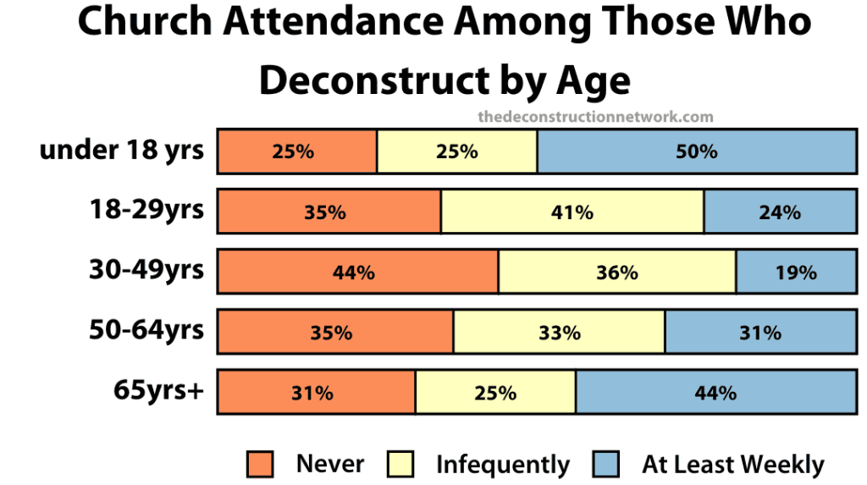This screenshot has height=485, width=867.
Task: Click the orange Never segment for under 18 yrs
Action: (x=297, y=152)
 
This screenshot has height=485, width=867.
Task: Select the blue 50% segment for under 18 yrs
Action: (x=696, y=152)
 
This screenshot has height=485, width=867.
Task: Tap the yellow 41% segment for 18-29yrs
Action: (x=572, y=212)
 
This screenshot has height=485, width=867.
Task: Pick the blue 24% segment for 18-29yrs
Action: (x=780, y=212)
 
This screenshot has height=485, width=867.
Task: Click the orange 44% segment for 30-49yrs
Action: (x=358, y=272)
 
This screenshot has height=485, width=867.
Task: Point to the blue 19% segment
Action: (x=796, y=272)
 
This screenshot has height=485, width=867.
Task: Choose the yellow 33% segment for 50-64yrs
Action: (x=559, y=332)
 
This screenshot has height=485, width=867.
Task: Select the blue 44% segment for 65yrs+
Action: (x=715, y=392)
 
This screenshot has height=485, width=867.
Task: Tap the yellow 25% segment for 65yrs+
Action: (x=495, y=392)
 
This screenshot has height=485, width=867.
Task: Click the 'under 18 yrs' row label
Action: (x=122, y=150)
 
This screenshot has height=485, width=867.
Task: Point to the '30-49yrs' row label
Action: (x=146, y=269)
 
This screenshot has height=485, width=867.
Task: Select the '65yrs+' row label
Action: (x=159, y=390)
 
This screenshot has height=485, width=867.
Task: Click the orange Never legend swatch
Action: (x=261, y=465)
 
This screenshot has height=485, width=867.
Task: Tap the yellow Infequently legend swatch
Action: (x=400, y=465)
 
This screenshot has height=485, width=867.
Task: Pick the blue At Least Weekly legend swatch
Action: (x=606, y=465)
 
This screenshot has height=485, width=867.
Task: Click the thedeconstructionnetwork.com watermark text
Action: (x=595, y=117)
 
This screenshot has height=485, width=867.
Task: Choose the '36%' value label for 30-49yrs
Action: (x=616, y=272)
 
